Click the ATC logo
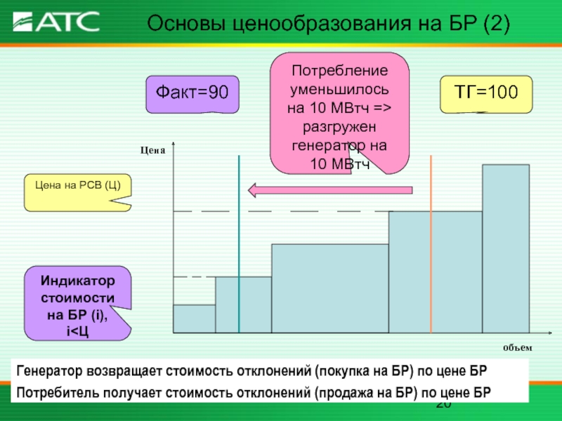[56, 22]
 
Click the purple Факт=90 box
[192, 94]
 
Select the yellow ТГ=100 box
[486, 94]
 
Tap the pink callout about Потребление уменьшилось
[339, 113]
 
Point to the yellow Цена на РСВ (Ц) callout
[78, 192]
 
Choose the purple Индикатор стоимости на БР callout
[78, 303]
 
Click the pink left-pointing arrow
[330, 190]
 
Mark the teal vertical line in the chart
[239, 244]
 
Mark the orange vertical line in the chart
[431, 244]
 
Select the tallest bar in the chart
[506, 249]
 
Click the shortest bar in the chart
[195, 319]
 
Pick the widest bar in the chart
[330, 288]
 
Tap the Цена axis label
[152, 150]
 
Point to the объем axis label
[518, 347]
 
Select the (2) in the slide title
[496, 24]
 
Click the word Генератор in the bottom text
[49, 371]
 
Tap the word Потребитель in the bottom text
[58, 393]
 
